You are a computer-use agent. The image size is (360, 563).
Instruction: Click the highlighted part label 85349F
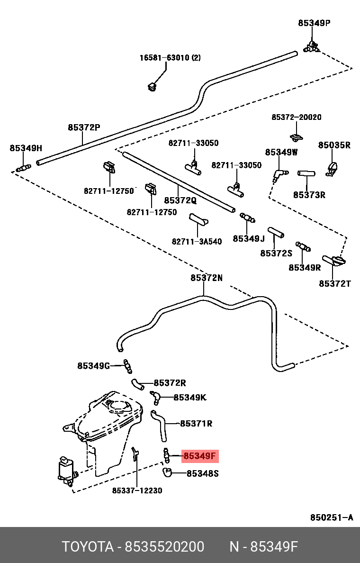coord(200,456)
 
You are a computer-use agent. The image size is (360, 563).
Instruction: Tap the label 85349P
coord(314,22)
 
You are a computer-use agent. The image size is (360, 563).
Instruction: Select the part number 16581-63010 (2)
coord(170,58)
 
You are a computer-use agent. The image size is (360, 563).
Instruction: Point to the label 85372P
coord(84,127)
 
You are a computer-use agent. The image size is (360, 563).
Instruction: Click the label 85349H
coord(26,148)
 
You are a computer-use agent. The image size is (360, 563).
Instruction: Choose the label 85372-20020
coord(296,117)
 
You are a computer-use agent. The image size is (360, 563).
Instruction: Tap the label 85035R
coord(334,145)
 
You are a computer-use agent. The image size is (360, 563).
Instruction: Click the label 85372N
coord(206,278)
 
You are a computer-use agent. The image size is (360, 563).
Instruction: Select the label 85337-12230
coord(137,490)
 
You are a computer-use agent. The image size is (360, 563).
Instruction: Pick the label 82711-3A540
coord(197,242)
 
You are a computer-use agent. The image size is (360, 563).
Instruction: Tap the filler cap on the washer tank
coord(117,406)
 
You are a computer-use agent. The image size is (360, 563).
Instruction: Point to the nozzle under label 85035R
coord(332,168)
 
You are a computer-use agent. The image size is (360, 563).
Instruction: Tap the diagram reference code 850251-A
coord(332,518)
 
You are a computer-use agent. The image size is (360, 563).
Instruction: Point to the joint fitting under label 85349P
coord(312,46)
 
